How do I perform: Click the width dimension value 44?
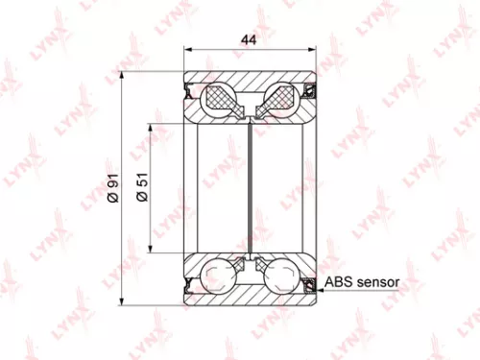249,39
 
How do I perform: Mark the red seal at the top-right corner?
309,90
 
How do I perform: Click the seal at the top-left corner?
190,90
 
